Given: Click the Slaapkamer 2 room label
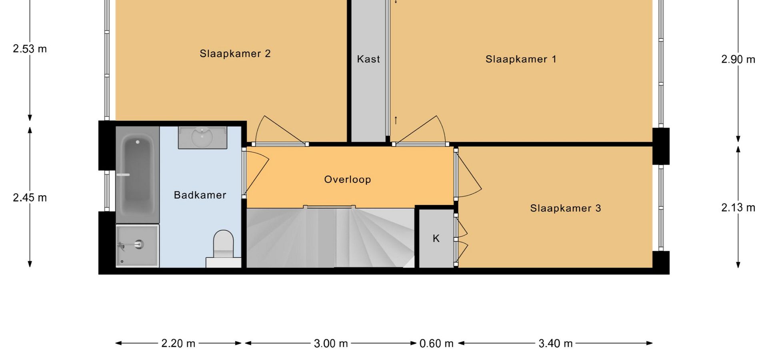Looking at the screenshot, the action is click(235, 54).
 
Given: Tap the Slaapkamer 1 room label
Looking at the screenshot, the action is click(521, 59).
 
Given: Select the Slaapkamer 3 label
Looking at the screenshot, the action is click(566, 208).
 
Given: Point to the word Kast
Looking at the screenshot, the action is click(368, 59).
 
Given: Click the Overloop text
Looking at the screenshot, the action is click(348, 180).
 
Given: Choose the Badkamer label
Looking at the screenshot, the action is click(200, 195).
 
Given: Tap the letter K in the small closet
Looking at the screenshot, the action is click(436, 238).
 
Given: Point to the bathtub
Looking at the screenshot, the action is click(138, 174).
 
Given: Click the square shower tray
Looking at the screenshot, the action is click(138, 246).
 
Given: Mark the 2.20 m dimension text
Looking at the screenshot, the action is click(178, 343).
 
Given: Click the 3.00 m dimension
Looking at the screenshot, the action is click(331, 343).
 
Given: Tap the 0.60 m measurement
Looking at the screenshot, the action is click(436, 343).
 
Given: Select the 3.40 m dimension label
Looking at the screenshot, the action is click(556, 343).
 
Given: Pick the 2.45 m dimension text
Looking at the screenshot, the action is click(30, 198).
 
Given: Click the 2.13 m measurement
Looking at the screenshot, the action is click(738, 208).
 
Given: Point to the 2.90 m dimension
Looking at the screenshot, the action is click(738, 60).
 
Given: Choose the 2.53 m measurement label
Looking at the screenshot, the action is click(30, 49).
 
